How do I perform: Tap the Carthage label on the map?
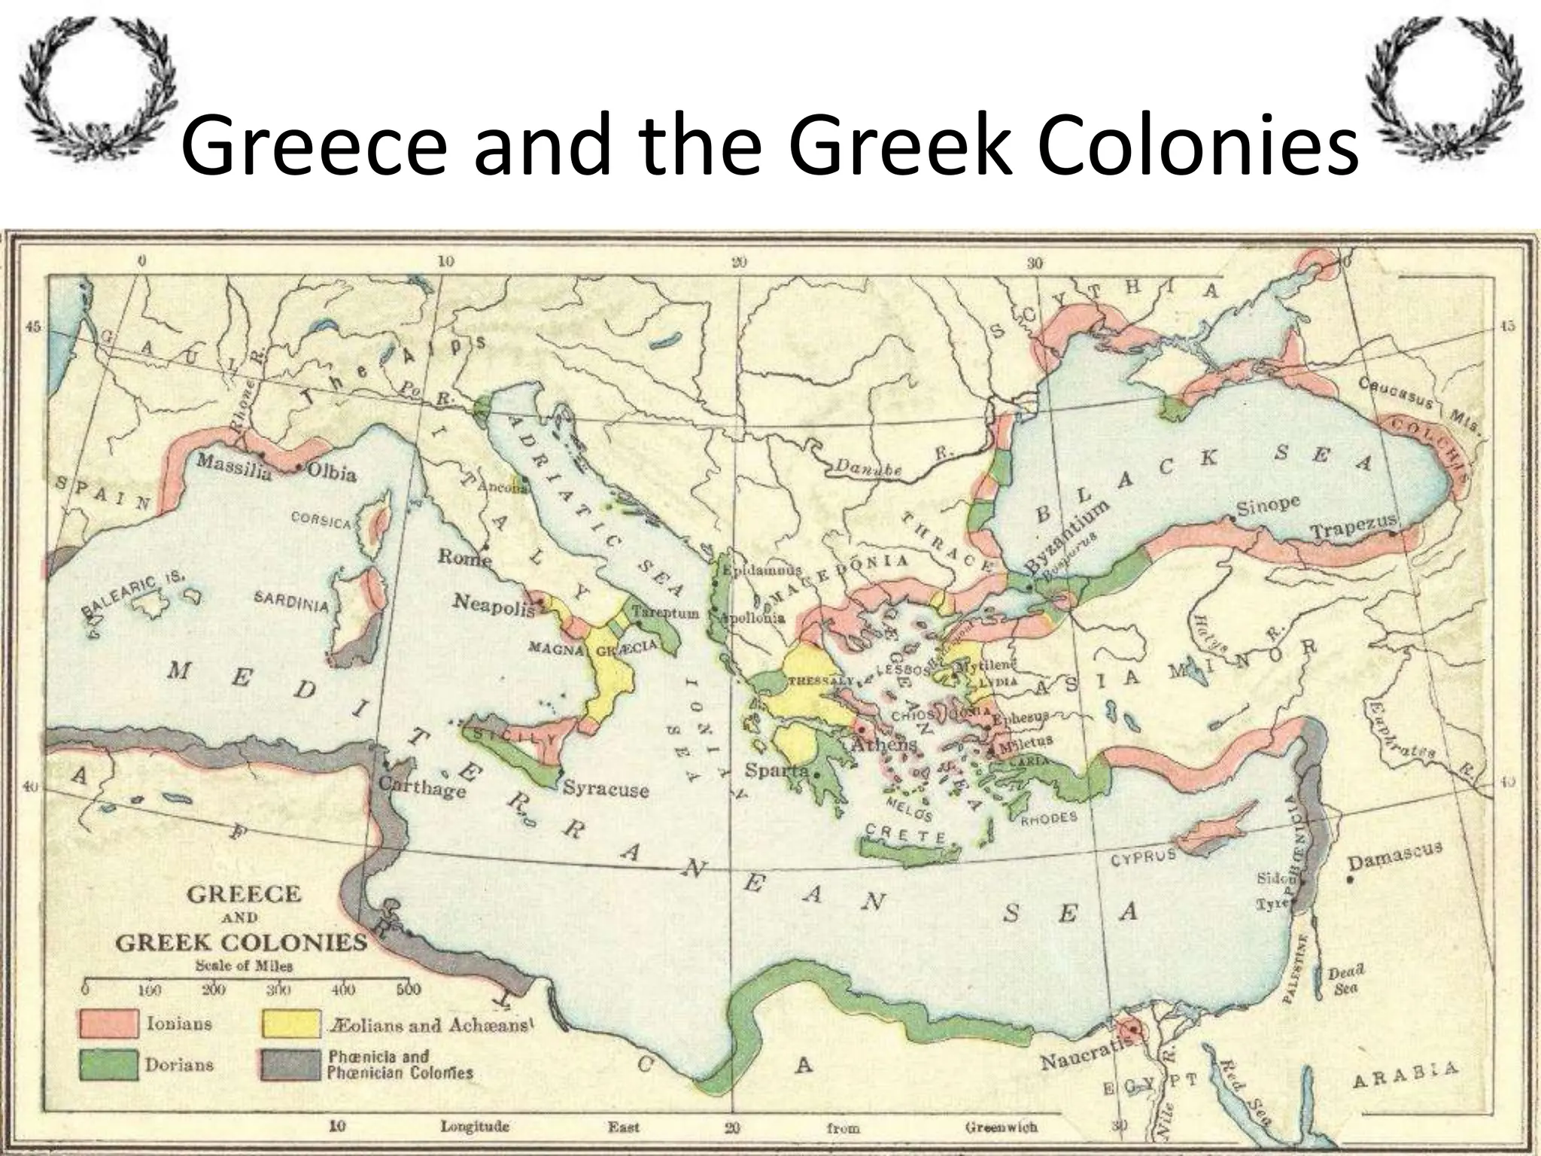coord(422,786)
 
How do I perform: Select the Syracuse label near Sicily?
coord(606,789)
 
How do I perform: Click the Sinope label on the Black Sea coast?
coord(1268,505)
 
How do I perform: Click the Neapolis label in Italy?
coord(493,604)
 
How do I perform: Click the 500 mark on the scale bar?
coord(409,988)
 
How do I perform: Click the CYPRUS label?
coord(1144,856)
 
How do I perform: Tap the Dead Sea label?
coord(1345,980)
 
